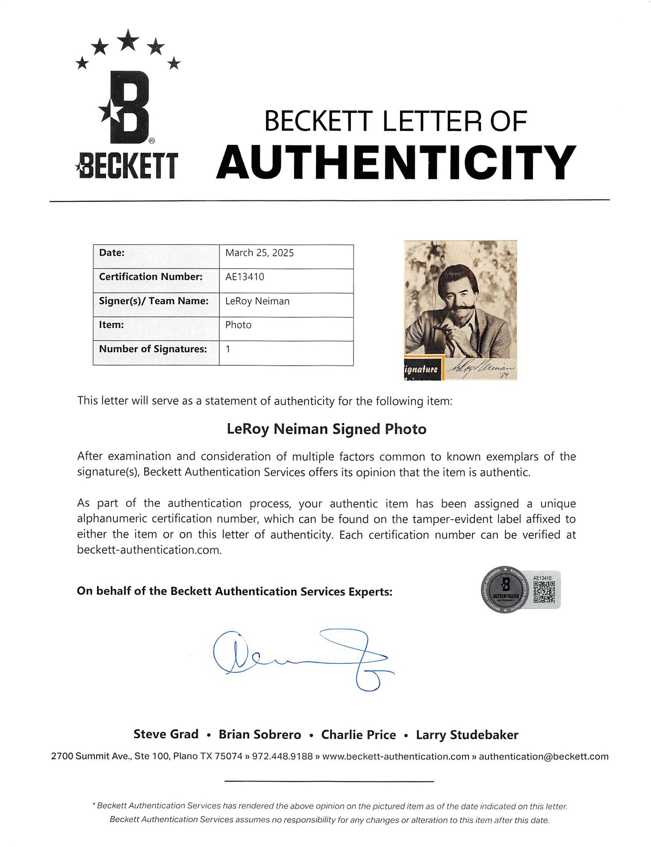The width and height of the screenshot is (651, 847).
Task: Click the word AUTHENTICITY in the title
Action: pos(396,162)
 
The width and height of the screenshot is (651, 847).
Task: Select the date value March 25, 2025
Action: pos(259,253)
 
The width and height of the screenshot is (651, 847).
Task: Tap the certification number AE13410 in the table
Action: pos(244,277)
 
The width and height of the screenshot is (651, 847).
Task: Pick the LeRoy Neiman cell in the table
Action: pos(257,301)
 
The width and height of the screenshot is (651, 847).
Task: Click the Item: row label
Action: pos(112,325)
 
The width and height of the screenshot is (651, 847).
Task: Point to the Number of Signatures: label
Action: pos(153,349)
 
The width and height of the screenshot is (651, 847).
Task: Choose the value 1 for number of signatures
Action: pos(228,349)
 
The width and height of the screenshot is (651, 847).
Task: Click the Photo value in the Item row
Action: pos(238,325)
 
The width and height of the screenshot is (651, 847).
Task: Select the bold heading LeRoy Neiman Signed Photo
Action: pos(326,429)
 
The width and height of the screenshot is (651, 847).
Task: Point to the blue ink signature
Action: pos(301,657)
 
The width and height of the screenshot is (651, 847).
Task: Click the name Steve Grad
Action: pos(166,735)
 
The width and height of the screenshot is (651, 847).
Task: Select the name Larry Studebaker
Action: pos(467,735)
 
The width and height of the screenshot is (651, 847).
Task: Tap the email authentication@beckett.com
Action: pos(544,756)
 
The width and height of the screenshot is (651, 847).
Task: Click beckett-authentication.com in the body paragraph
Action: pos(149,550)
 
